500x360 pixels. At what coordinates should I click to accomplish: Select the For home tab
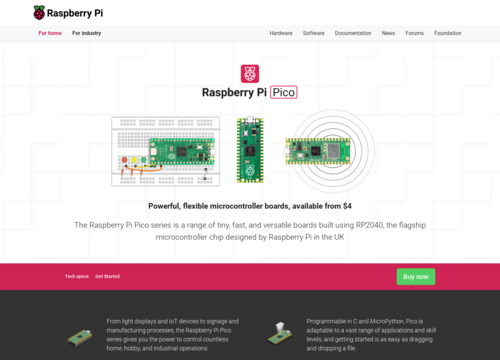click(50, 33)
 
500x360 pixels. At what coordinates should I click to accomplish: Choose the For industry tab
click(87, 33)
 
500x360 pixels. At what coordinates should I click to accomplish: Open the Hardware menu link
click(281, 33)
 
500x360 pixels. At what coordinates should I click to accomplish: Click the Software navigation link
click(313, 33)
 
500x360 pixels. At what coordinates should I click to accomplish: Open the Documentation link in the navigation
click(352, 33)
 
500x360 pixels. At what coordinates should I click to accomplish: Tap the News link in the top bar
click(388, 33)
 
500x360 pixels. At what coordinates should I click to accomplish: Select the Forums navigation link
click(414, 33)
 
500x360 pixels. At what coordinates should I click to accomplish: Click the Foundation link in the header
click(448, 33)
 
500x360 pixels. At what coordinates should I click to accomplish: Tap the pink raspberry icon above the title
click(250, 74)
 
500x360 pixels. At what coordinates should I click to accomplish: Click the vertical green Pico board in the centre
click(249, 151)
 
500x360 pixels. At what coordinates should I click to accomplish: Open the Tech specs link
click(76, 276)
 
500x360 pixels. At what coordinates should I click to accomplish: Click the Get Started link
click(107, 276)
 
